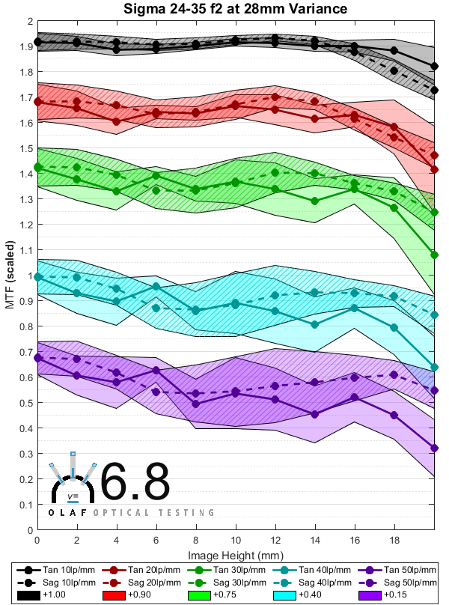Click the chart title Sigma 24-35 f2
click(236, 9)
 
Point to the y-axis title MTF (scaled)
click(10, 275)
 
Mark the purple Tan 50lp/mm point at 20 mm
click(434, 448)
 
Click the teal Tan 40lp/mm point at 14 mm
click(314, 325)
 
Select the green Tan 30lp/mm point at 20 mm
click(434, 255)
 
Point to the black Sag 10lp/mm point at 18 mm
click(394, 70)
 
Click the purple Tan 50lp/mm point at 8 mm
click(196, 404)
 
